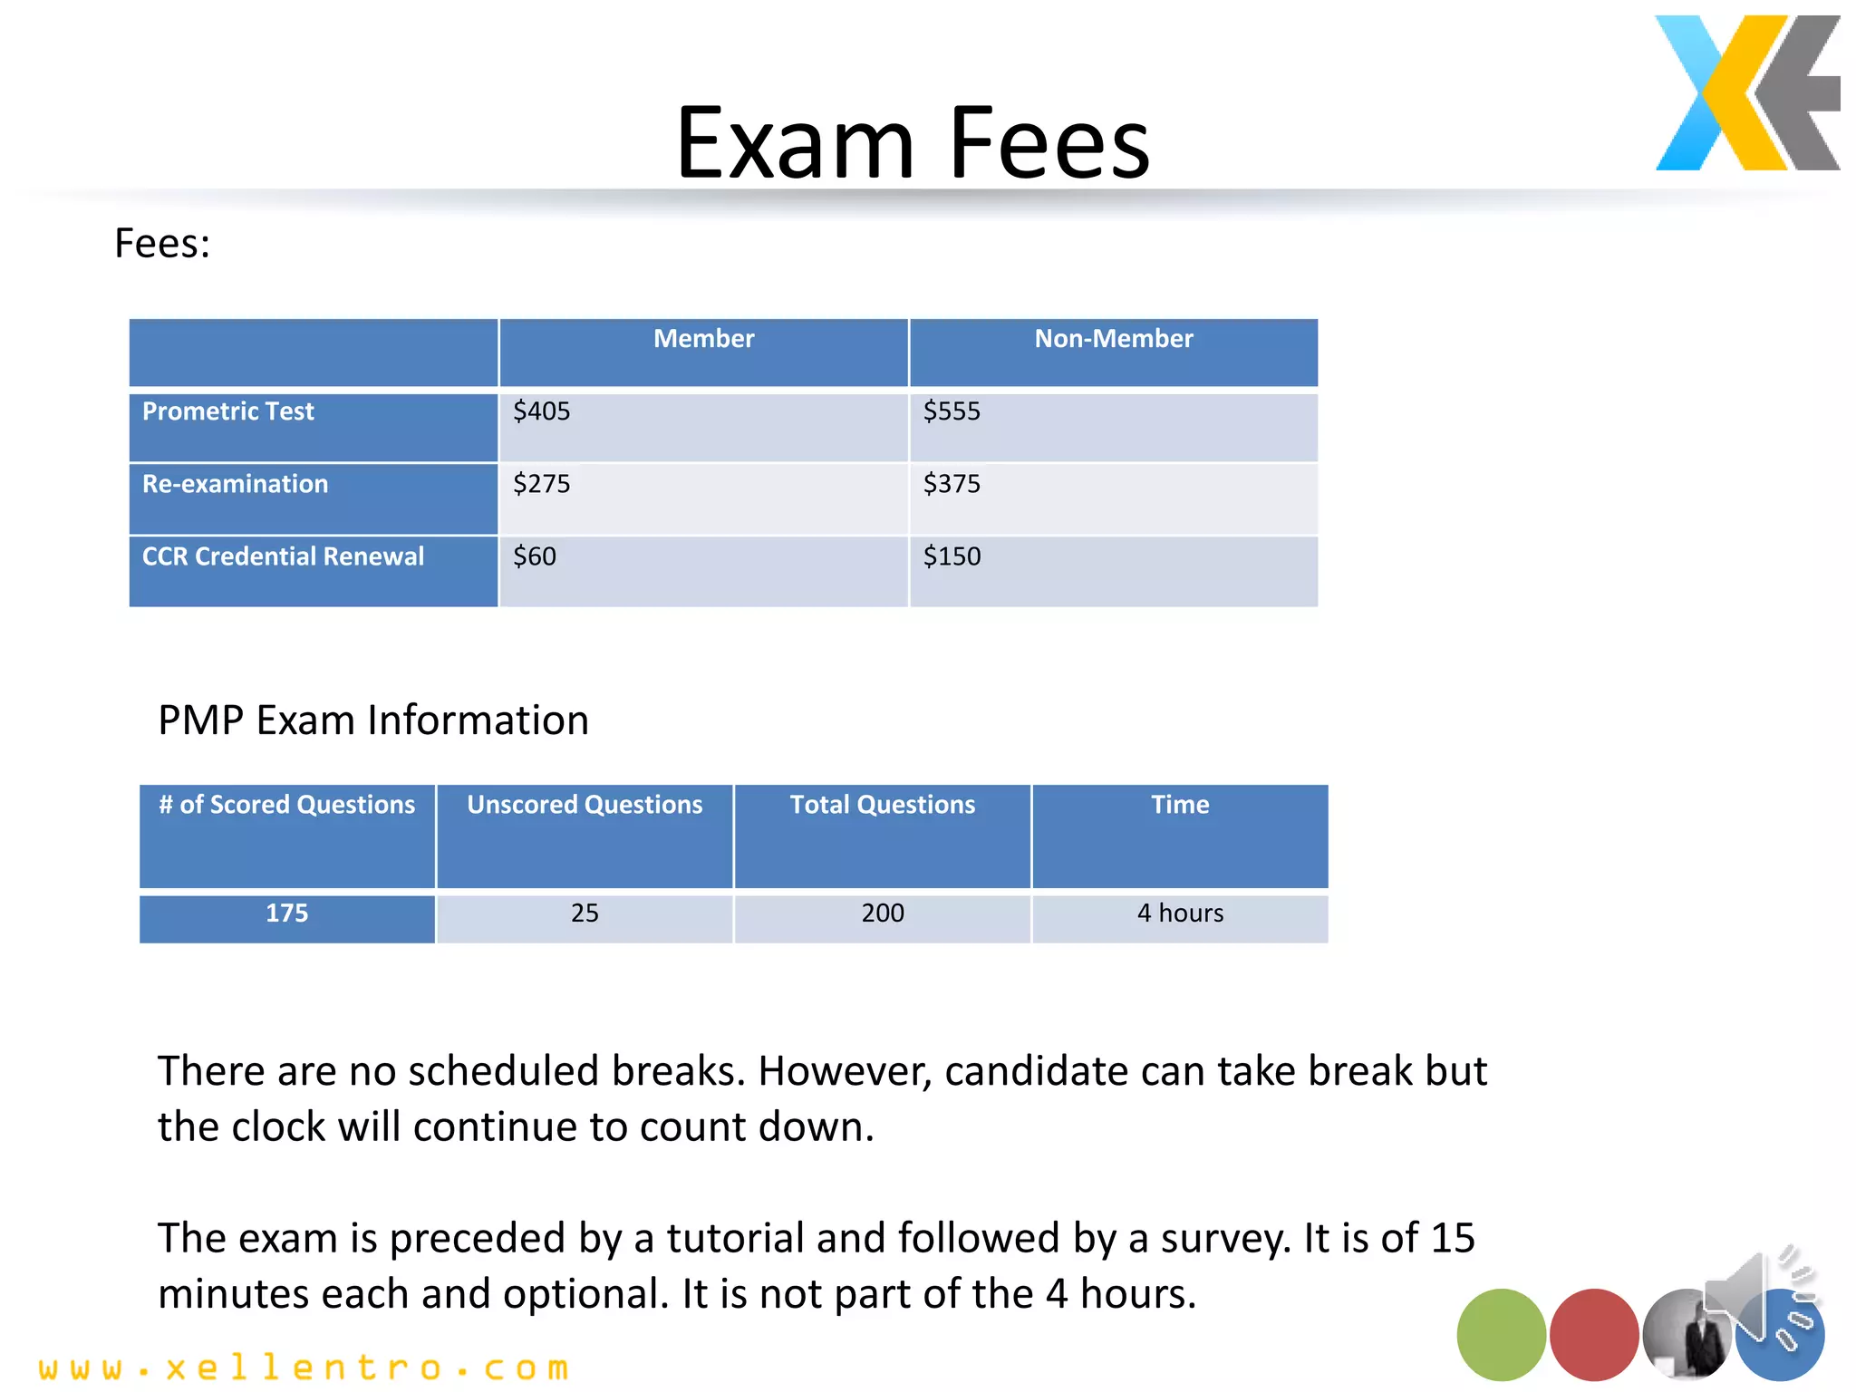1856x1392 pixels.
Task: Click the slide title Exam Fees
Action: pos(913,143)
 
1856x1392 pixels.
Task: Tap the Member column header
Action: pos(703,339)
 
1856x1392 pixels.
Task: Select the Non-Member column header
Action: pos(1113,339)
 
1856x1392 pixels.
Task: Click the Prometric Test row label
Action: pos(228,411)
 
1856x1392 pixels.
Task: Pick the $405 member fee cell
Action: pos(542,411)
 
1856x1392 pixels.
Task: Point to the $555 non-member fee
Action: pos(952,411)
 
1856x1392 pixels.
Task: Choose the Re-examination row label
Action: pos(236,484)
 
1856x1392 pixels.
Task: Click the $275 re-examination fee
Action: pos(542,484)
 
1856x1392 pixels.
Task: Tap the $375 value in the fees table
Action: pos(952,484)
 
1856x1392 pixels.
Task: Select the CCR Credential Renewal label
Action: pos(283,556)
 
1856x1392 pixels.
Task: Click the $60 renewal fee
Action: pos(535,556)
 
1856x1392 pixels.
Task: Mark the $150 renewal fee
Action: pos(952,556)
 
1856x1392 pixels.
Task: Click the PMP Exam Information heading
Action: pos(373,720)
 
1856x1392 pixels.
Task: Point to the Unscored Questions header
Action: pos(585,805)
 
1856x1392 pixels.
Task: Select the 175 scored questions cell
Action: pos(286,913)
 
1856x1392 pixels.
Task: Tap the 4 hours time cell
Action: pos(1180,913)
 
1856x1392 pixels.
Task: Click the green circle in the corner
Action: pos(1501,1334)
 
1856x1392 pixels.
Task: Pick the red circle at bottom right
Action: pos(1593,1334)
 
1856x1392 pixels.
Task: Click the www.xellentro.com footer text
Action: pos(304,1368)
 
